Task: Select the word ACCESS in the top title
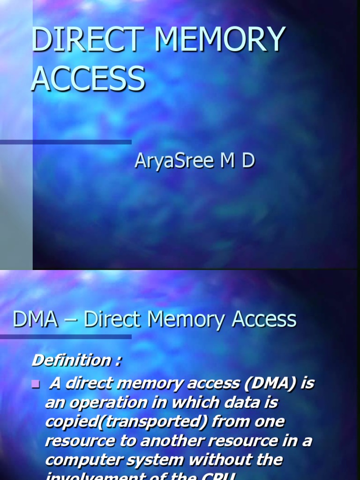pyautogui.click(x=88, y=78)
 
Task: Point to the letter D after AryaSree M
pyautogui.click(x=248, y=160)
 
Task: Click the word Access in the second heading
pyautogui.click(x=264, y=320)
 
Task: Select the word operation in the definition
pyautogui.click(x=105, y=403)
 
